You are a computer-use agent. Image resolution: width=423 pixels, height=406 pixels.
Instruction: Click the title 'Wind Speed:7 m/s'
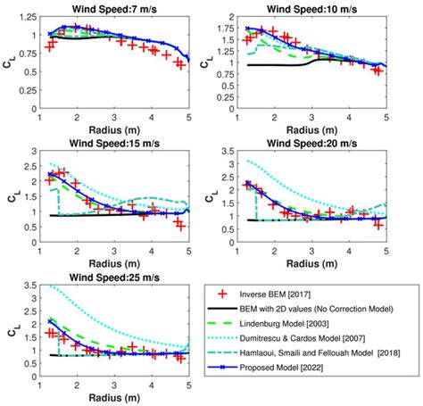click(115, 9)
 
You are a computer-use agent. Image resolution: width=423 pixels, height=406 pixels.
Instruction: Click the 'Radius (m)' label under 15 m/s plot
click(115, 265)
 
